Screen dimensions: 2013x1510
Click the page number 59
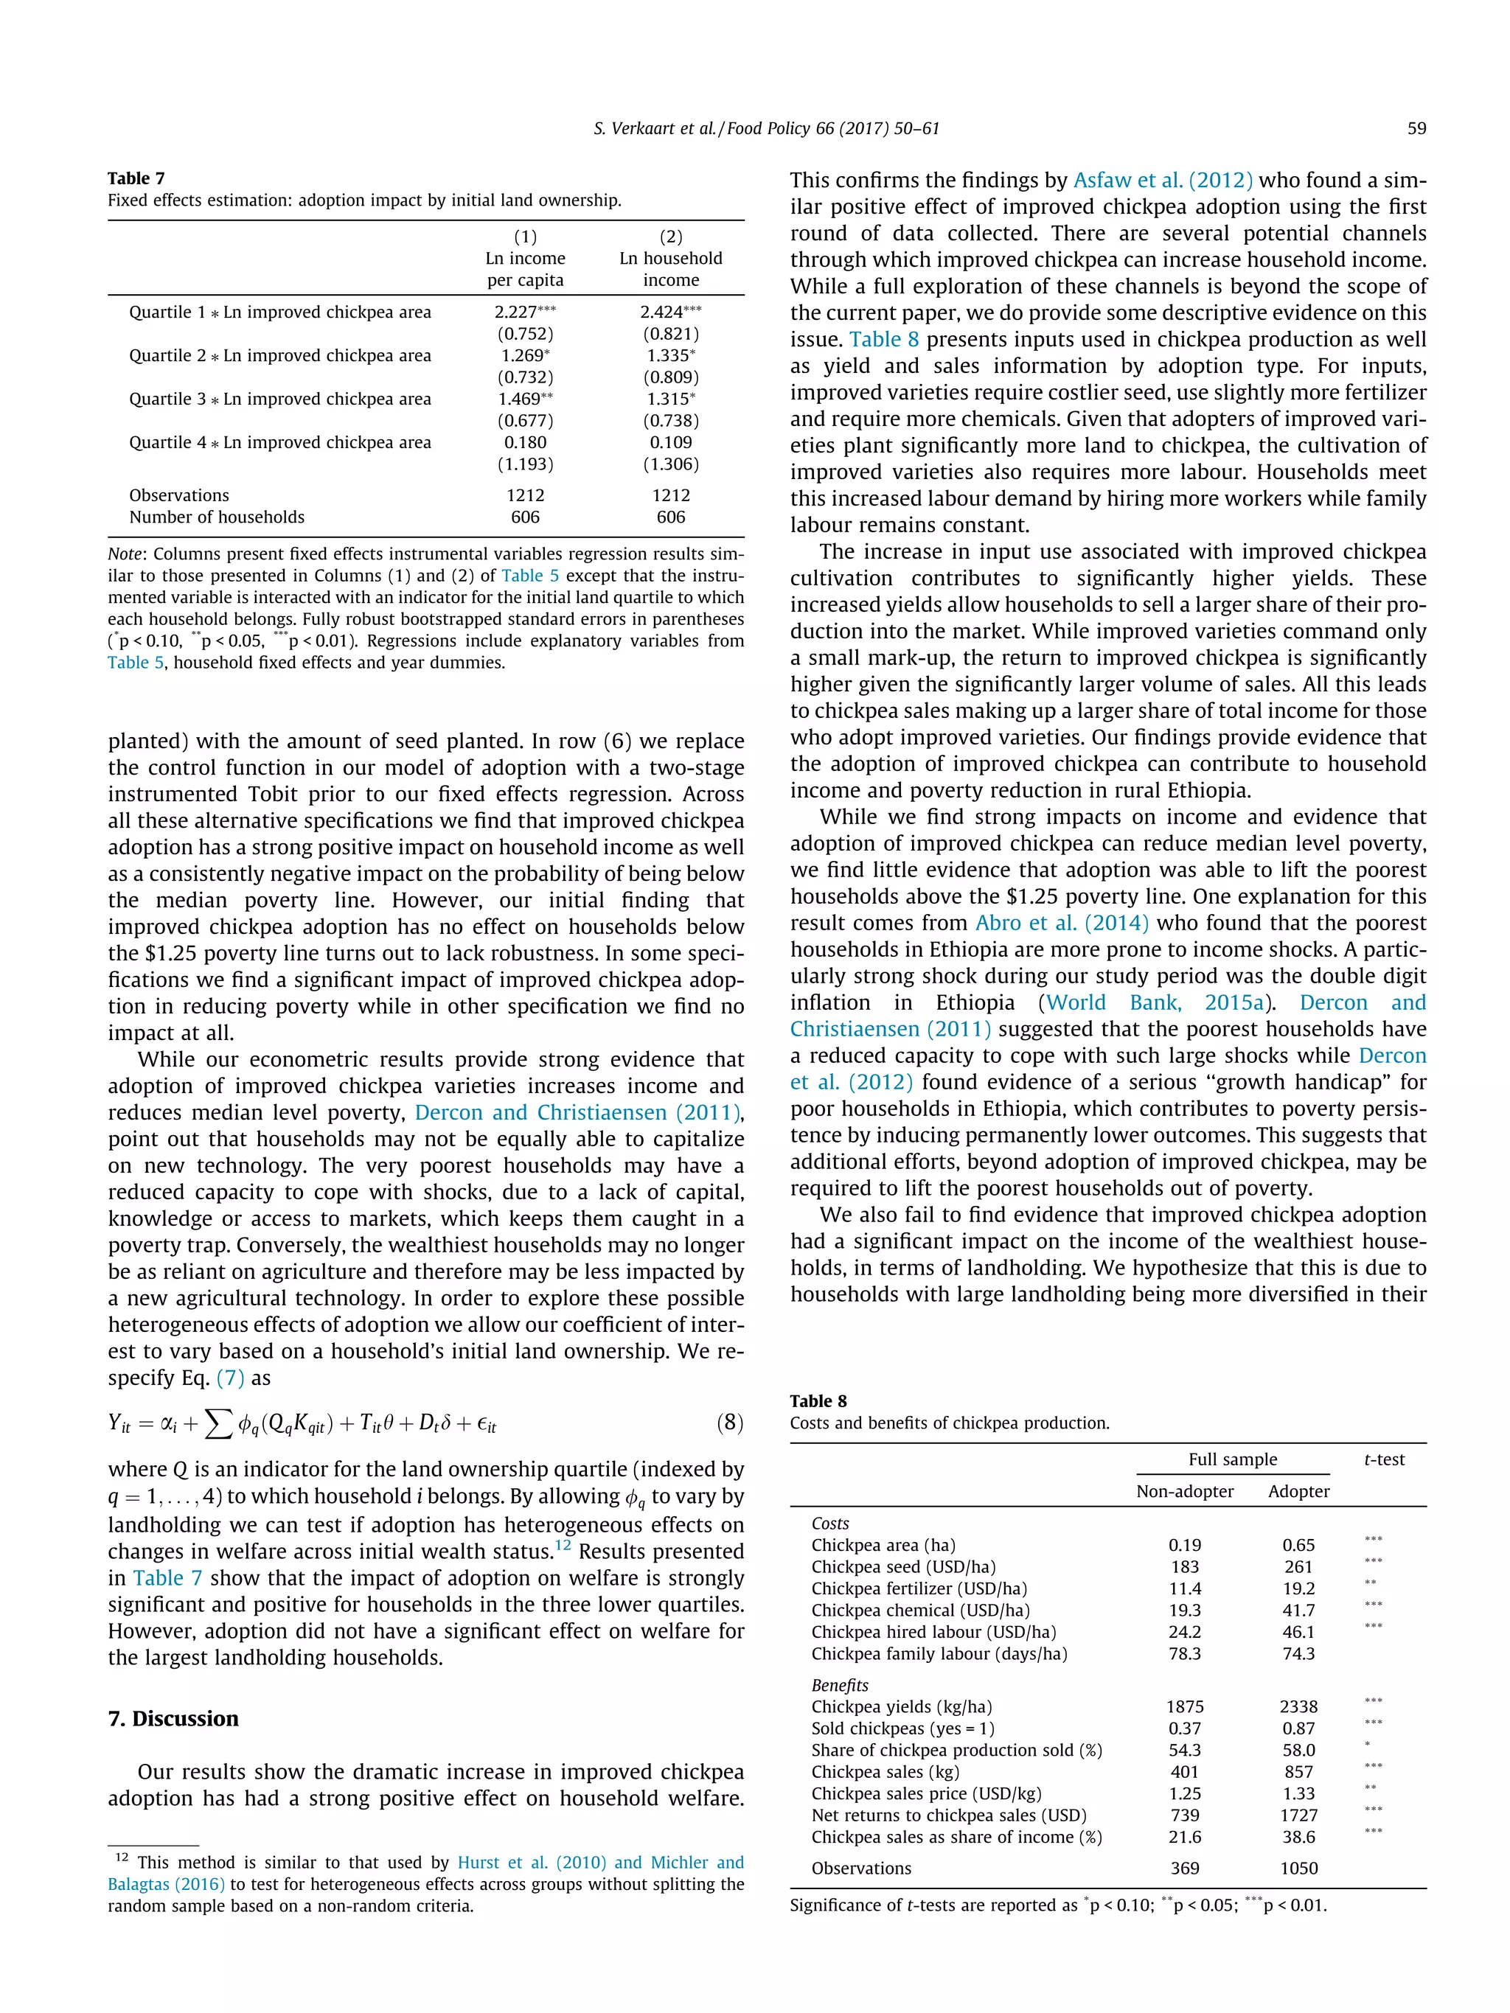[1416, 128]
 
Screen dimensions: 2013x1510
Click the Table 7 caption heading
[136, 178]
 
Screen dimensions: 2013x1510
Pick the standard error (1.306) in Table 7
[671, 464]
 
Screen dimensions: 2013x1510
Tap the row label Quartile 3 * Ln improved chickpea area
[279, 399]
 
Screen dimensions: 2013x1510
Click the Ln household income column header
[671, 268]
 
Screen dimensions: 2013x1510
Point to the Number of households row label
[217, 517]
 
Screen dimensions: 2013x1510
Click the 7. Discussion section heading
[173, 1718]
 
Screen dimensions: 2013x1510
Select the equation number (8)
[730, 1423]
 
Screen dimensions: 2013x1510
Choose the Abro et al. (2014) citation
[1061, 923]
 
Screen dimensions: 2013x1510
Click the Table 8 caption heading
[818, 1401]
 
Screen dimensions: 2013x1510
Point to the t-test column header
[1383, 1459]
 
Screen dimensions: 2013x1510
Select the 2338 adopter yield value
[1298, 1706]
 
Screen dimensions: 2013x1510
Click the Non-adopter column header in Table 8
[1184, 1492]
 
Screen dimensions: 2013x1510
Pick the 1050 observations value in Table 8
[1298, 1869]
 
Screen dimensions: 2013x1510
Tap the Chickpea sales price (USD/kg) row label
[925, 1793]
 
